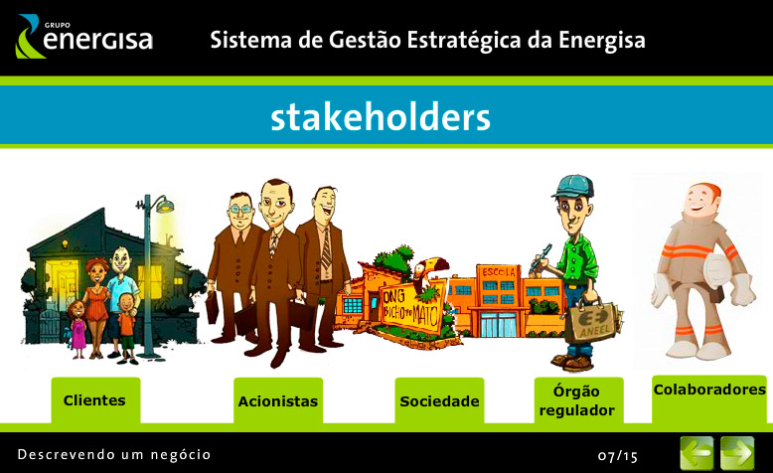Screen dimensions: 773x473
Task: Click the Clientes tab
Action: [x=95, y=400]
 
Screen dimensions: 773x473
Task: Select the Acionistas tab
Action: [x=278, y=400]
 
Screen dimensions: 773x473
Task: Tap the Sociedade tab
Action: [x=439, y=400]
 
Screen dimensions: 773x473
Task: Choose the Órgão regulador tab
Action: [x=579, y=400]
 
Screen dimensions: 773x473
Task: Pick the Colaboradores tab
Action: [x=709, y=399]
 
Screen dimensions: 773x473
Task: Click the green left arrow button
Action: [x=696, y=453]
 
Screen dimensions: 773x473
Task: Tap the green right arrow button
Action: [x=737, y=453]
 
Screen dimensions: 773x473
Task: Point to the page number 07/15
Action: [x=618, y=456]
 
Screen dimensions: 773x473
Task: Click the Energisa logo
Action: [x=84, y=37]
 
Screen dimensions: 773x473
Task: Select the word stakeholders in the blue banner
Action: [x=381, y=117]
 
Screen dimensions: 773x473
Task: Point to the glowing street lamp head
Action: [x=164, y=204]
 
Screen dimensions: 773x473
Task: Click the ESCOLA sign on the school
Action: [x=499, y=271]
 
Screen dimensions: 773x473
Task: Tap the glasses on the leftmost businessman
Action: [x=241, y=210]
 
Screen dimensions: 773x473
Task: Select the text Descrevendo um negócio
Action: [x=114, y=454]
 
